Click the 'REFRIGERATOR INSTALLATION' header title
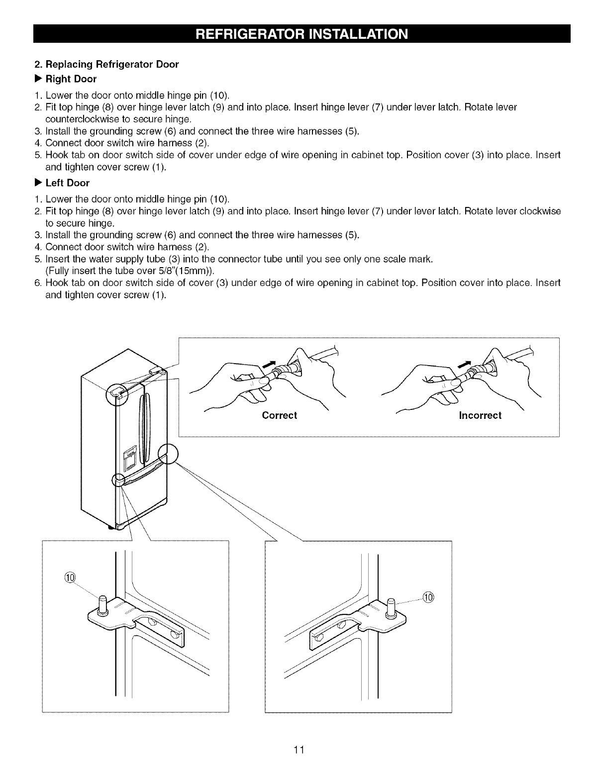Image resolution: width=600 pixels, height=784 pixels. point(302,34)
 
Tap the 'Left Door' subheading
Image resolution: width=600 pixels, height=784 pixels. point(67,183)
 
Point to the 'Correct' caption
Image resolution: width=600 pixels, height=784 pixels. point(279,415)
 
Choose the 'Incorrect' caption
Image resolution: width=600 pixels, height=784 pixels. point(480,415)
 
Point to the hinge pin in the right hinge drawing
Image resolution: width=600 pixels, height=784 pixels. point(391,609)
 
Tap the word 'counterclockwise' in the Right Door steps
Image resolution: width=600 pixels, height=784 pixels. point(93,119)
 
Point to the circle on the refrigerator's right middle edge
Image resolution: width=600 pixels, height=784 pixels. point(168,454)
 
